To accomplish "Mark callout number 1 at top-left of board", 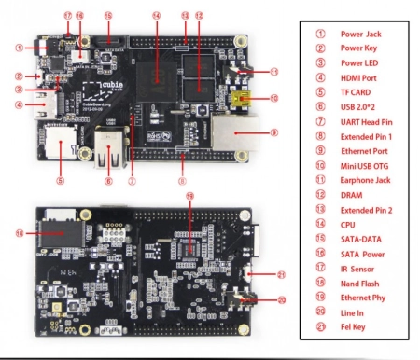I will pos(18,47).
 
